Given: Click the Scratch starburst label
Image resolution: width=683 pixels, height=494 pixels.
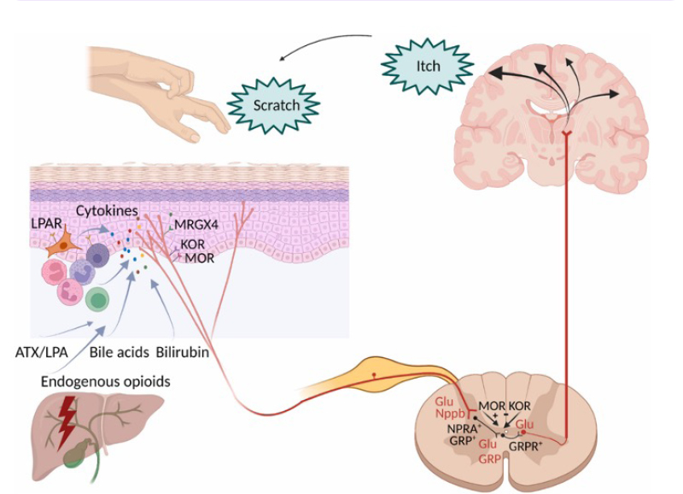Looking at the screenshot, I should point(276,106).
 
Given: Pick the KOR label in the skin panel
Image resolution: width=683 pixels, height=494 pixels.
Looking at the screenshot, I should point(190,244).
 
